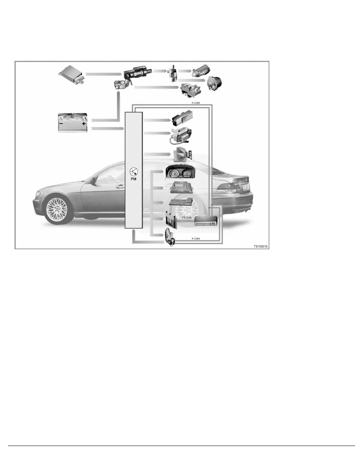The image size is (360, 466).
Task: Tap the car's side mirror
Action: (x=93, y=180)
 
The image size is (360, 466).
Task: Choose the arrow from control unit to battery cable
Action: (x=102, y=73)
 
